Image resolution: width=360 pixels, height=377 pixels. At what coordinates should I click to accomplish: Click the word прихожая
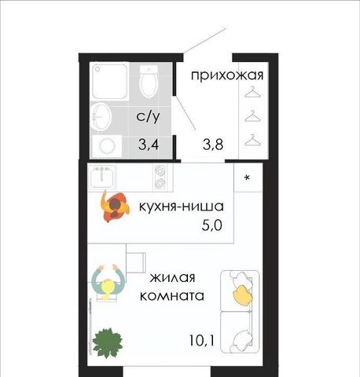[x=227, y=75]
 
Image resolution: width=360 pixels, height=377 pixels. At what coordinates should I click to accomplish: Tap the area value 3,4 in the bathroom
[x=149, y=144]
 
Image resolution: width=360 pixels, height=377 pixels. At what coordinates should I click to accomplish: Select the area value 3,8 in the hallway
[x=213, y=144]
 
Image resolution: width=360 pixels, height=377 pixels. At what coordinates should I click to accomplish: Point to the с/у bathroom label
[x=148, y=116]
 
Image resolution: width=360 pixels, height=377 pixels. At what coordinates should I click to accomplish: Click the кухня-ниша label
[x=182, y=207]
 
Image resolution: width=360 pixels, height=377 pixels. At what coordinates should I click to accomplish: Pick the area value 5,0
[x=212, y=225]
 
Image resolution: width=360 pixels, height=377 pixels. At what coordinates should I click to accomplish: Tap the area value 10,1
[x=202, y=340]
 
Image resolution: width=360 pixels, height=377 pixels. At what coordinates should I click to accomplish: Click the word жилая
[x=173, y=277]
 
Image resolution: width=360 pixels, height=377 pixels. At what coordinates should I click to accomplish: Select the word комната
[x=172, y=296]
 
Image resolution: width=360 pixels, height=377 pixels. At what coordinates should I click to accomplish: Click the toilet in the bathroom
[x=149, y=81]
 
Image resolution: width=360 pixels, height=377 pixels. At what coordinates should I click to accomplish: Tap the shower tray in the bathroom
[x=109, y=81]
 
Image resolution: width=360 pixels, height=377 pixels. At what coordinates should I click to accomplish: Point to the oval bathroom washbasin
[x=101, y=117]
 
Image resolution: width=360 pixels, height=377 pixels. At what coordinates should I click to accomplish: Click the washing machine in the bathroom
[x=107, y=146]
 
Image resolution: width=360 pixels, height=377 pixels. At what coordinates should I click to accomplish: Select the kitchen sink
[x=102, y=177]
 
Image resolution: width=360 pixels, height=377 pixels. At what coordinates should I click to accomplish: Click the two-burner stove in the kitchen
[x=160, y=177]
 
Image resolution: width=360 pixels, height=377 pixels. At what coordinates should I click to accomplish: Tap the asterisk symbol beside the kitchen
[x=247, y=178]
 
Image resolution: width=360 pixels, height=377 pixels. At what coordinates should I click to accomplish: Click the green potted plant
[x=108, y=342]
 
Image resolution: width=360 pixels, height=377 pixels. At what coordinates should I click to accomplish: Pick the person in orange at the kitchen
[x=115, y=207]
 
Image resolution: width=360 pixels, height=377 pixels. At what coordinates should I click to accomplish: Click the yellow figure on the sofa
[x=243, y=295]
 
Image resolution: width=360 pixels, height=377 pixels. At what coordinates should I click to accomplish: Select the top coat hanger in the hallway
[x=253, y=92]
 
